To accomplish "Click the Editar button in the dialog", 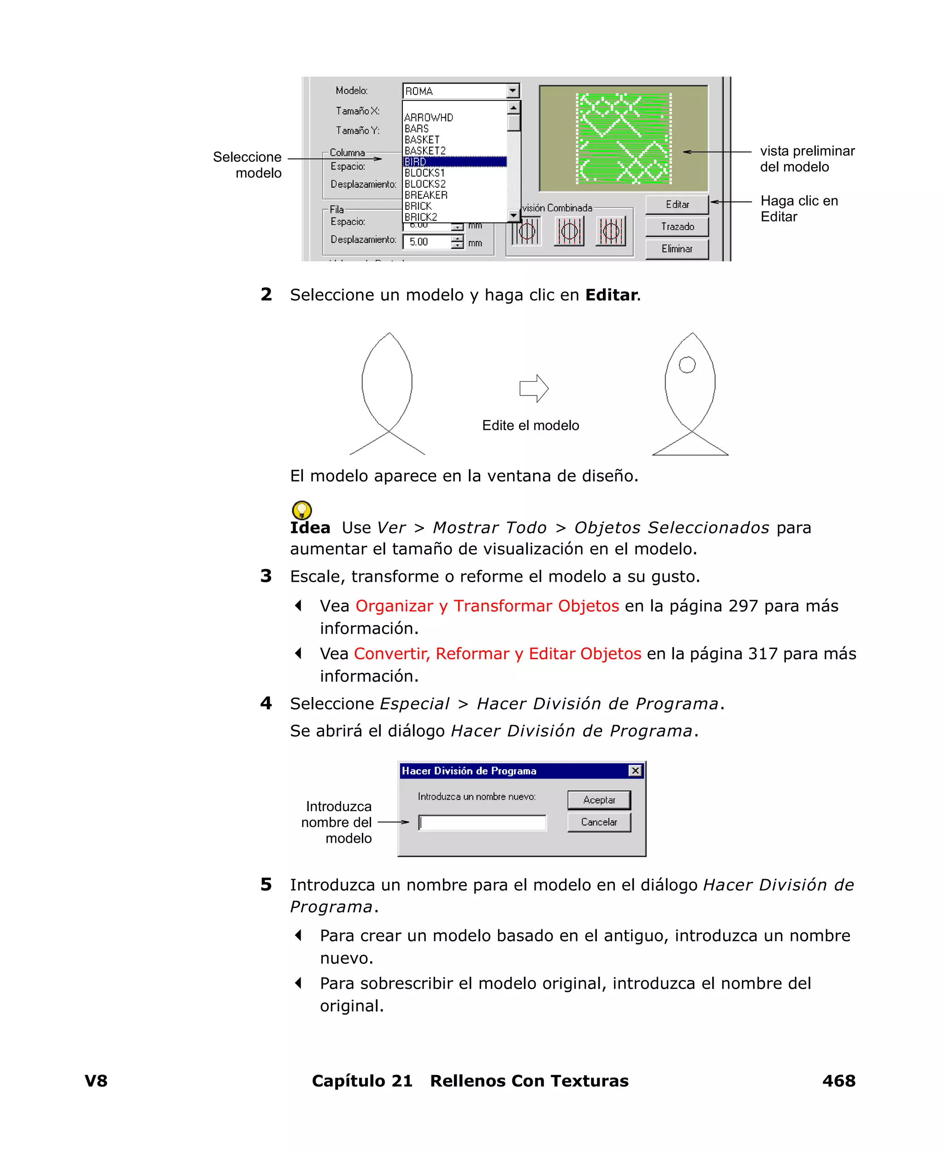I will coord(677,204).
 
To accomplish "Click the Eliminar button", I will coord(677,248).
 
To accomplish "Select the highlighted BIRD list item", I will coord(454,161).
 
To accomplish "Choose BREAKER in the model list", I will coord(426,195).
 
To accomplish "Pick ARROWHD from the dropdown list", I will coord(429,118).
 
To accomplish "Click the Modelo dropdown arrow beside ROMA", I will coord(512,91).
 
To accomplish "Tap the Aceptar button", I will coord(599,800).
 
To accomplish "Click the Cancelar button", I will coord(599,822).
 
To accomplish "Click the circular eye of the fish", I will coord(687,365).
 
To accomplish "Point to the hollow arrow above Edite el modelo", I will coord(533,388).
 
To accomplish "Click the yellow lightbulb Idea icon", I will coord(302,510).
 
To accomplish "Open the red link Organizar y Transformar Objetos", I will coord(487,606).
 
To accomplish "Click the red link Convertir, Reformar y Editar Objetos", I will coord(497,654).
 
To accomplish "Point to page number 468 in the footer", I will coord(838,1081).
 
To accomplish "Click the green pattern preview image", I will coord(623,138).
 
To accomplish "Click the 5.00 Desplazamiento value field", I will coord(427,242).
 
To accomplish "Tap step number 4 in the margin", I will coord(266,703).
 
